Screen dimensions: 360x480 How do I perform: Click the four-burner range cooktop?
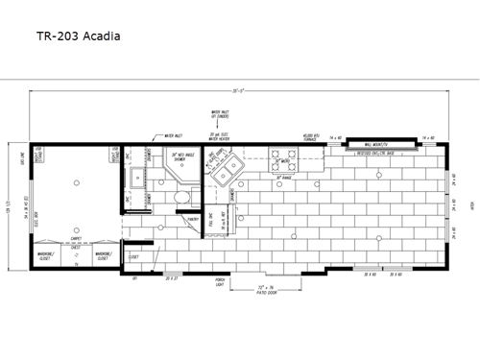pyautogui.click(x=283, y=156)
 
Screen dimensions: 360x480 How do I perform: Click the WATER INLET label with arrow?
pyautogui.click(x=172, y=135)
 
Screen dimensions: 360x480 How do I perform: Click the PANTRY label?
pyautogui.click(x=192, y=219)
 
